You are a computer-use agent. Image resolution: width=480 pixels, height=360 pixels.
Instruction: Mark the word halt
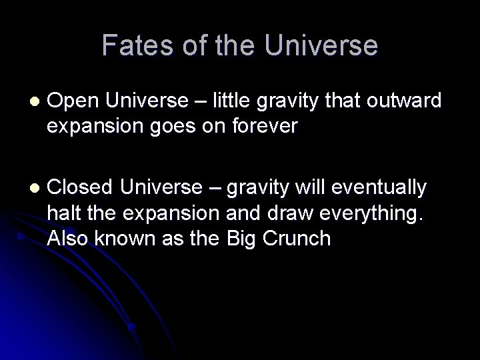[62, 213]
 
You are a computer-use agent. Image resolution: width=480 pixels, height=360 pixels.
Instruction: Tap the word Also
[69, 238]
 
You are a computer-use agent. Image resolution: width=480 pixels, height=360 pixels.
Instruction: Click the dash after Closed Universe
[215, 189]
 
